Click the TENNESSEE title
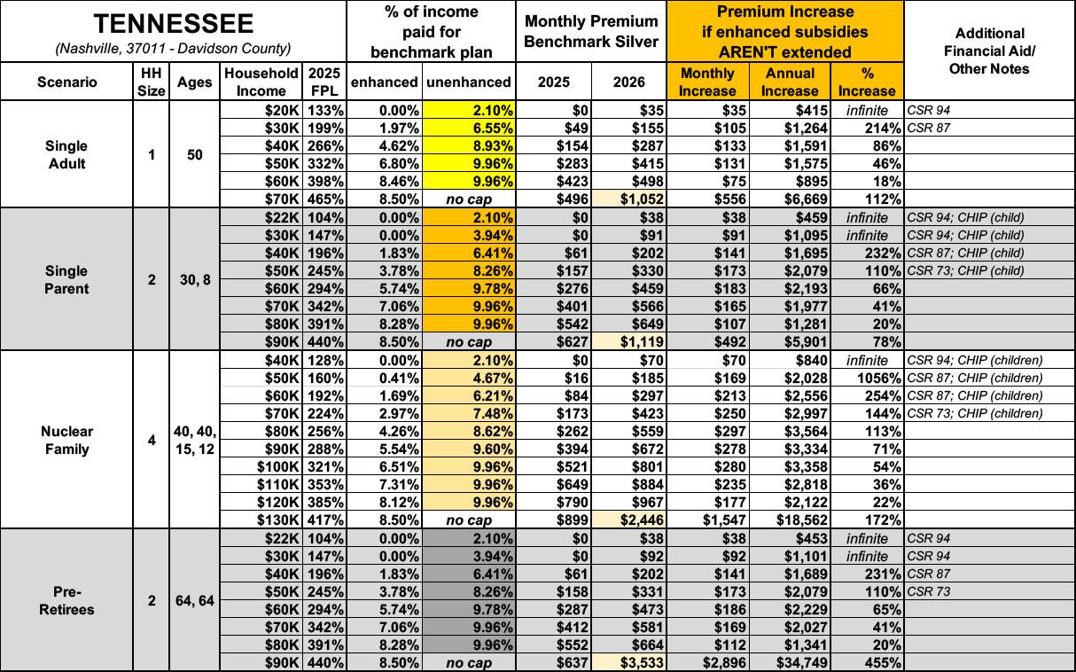173,24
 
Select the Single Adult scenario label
67,154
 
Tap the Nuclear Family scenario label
67,440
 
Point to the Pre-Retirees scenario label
67,600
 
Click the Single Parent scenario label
67,279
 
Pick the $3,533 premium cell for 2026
635,662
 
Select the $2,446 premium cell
635,520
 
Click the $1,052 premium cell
635,199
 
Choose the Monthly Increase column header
706,82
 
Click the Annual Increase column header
789,82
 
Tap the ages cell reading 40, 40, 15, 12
195,440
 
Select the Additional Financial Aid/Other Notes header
989,51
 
